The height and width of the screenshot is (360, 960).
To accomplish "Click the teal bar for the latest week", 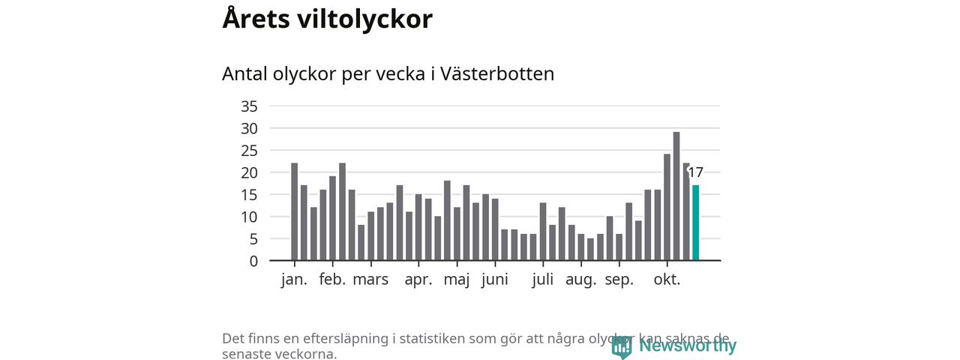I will pyautogui.click(x=695, y=223).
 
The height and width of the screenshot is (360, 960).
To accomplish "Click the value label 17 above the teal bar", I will pyautogui.click(x=695, y=172).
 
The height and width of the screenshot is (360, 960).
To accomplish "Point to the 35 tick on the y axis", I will pyautogui.click(x=249, y=106).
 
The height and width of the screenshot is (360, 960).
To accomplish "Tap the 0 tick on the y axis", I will pyautogui.click(x=253, y=261).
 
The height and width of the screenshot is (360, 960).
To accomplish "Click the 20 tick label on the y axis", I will pyautogui.click(x=249, y=172).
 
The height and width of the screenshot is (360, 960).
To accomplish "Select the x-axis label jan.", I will pyautogui.click(x=294, y=280).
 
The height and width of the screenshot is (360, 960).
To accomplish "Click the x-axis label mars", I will pyautogui.click(x=370, y=280).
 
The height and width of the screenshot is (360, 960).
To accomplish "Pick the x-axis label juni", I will pyautogui.click(x=495, y=280).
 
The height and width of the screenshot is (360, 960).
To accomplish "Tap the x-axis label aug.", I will pyautogui.click(x=581, y=280).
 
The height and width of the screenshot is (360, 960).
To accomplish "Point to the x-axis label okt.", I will pyautogui.click(x=667, y=280).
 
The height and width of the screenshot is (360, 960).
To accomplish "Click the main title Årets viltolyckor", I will pyautogui.click(x=327, y=19).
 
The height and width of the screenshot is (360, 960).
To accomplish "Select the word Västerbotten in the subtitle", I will pyautogui.click(x=497, y=74).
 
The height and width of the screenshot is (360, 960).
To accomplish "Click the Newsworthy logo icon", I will pyautogui.click(x=621, y=346).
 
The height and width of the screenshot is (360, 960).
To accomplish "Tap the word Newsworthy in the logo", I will pyautogui.click(x=687, y=346).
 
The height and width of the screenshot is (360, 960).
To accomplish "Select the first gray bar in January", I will pyautogui.click(x=295, y=212).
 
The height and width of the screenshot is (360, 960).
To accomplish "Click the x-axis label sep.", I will pyautogui.click(x=619, y=280).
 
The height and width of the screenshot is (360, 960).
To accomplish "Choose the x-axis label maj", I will pyautogui.click(x=457, y=280).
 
